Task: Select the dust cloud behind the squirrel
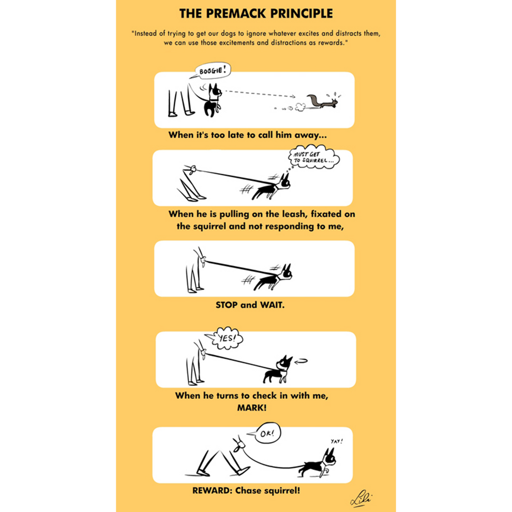point(300,108)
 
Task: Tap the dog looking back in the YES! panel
point(278,369)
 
